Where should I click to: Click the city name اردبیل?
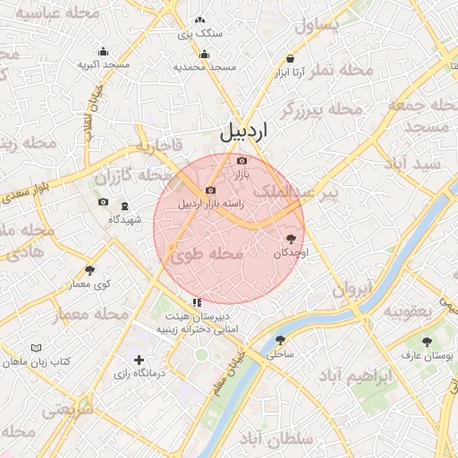243,132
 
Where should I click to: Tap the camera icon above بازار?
242,161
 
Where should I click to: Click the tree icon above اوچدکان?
291,239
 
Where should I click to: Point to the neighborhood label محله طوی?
206,256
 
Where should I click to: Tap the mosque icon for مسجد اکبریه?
104,51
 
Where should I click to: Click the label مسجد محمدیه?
204,67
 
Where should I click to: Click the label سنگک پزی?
199,33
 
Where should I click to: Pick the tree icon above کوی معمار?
89,270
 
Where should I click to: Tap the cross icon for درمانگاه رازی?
139,360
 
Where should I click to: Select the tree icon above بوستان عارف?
427,342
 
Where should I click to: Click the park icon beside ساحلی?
281,340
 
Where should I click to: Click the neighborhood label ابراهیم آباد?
360,377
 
